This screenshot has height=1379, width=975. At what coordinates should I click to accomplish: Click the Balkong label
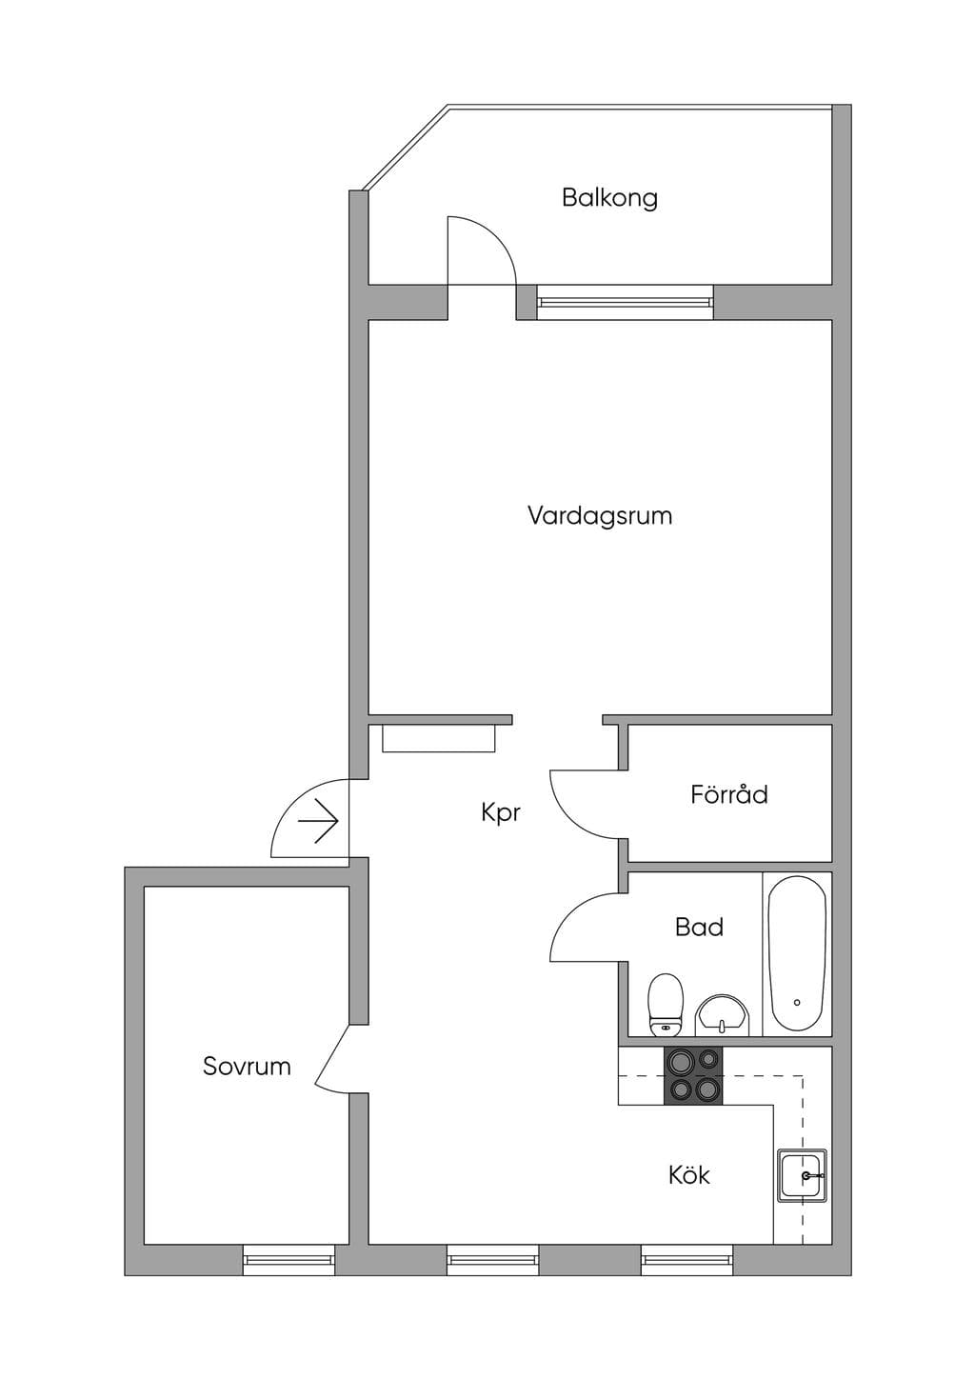click(x=609, y=198)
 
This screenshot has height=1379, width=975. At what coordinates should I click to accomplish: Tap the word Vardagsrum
click(x=600, y=516)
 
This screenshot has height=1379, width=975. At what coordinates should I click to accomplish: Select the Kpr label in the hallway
click(x=501, y=813)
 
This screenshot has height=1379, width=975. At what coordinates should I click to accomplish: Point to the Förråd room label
click(x=728, y=793)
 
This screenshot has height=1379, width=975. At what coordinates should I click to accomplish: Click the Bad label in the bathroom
click(x=699, y=927)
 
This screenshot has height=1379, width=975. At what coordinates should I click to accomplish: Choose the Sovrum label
click(x=247, y=1066)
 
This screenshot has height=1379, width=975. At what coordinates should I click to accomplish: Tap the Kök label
click(x=688, y=1174)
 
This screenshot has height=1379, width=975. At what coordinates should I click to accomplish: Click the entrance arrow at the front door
click(x=318, y=821)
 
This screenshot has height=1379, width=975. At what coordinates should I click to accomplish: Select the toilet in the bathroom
click(x=666, y=1004)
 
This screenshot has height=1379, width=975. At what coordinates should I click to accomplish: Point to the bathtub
click(x=798, y=953)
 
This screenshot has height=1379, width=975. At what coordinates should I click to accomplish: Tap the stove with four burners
click(x=693, y=1075)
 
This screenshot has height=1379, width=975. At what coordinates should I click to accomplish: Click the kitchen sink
click(x=802, y=1175)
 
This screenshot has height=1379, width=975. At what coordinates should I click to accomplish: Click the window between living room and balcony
click(x=625, y=302)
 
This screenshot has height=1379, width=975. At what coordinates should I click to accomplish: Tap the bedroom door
click(x=332, y=1060)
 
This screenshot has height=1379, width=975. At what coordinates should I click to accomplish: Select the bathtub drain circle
click(x=797, y=1002)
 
